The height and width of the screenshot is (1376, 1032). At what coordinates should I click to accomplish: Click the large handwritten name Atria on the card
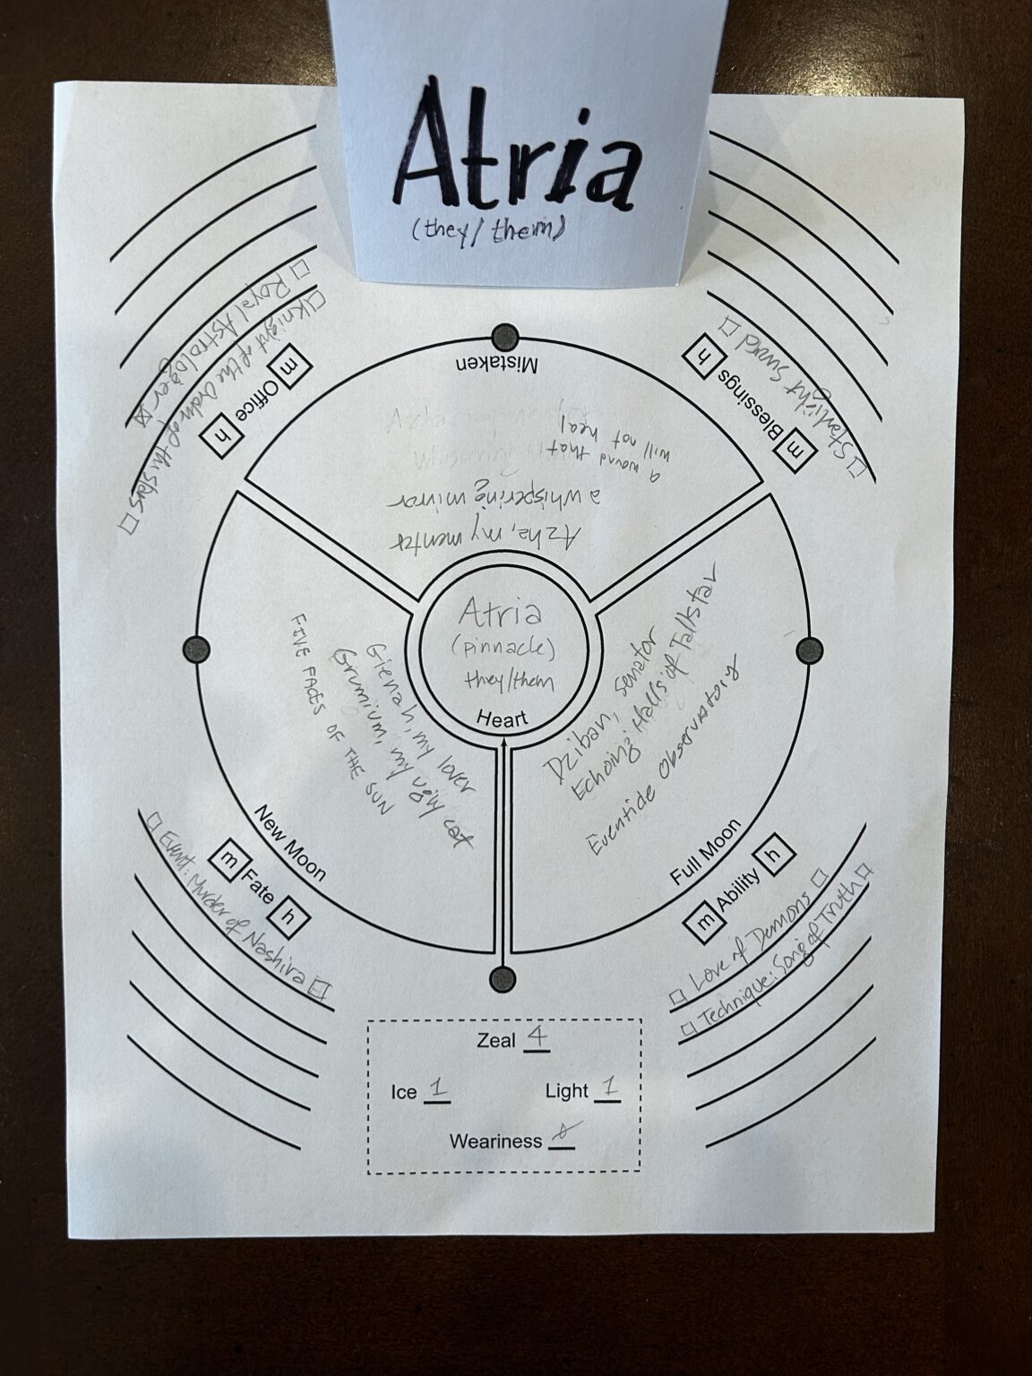click(520, 158)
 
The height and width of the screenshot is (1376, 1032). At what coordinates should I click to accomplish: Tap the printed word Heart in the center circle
click(503, 718)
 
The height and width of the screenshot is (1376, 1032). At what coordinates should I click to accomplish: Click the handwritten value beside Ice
click(438, 1089)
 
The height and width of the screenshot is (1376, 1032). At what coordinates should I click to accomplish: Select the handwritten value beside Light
click(608, 1088)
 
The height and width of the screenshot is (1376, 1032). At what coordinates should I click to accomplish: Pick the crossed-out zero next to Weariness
click(562, 1138)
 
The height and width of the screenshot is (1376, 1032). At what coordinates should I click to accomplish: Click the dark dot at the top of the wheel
click(506, 337)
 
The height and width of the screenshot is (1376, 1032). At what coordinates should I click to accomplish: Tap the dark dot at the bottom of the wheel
click(503, 979)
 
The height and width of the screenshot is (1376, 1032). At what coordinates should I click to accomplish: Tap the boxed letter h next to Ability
click(778, 853)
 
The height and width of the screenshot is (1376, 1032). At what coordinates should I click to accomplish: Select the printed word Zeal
click(497, 1040)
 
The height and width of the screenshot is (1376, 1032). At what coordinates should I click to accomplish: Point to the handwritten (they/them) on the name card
click(488, 232)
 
